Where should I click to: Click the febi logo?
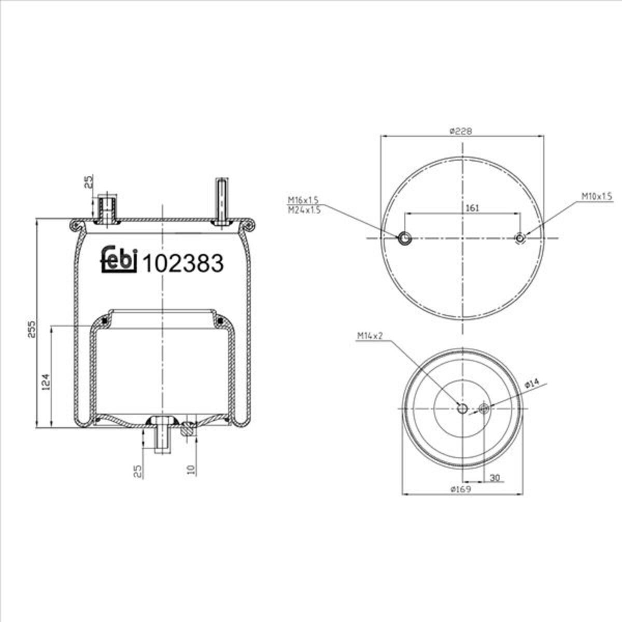pos(119,261)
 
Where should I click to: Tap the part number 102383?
pos(183,263)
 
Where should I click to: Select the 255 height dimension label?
pos(32,329)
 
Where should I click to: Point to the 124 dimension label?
pos(46,382)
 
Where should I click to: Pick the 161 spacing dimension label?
pos(472,208)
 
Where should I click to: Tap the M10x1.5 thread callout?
pos(597,196)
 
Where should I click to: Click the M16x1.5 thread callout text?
pos(303,200)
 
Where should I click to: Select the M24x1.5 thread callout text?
pos(304,210)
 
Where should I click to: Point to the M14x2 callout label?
pos(370,336)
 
